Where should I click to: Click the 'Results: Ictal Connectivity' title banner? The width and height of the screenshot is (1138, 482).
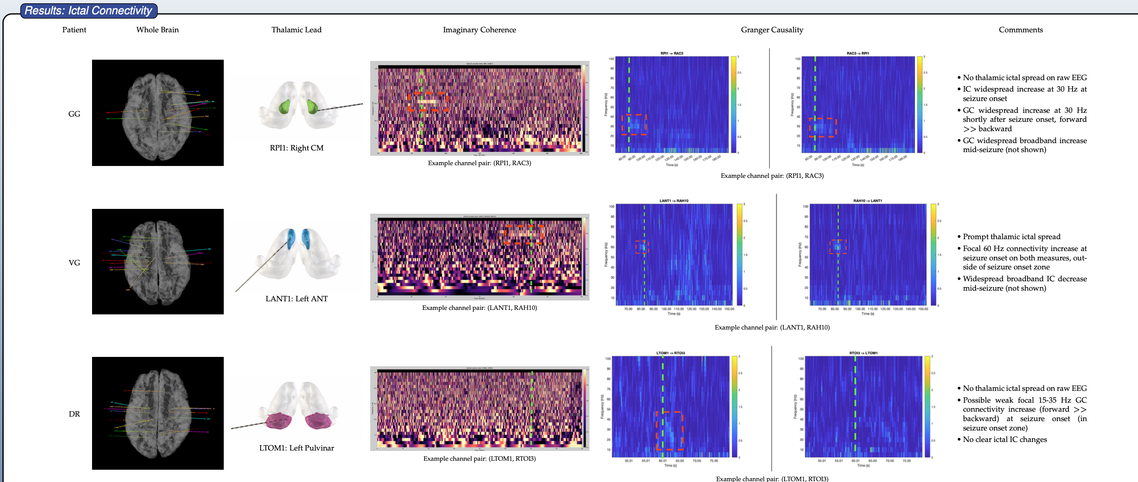tap(88, 11)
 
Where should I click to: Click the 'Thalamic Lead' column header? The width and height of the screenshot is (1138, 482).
tap(297, 29)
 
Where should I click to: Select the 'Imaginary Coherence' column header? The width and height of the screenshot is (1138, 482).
tap(479, 29)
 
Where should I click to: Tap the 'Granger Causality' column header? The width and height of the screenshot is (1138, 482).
tap(772, 29)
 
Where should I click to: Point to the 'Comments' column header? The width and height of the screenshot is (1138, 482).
tap(1021, 29)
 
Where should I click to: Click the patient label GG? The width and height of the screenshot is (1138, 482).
tap(74, 114)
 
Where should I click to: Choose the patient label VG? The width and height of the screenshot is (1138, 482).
tap(74, 262)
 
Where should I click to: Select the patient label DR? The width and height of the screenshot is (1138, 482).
tap(74, 414)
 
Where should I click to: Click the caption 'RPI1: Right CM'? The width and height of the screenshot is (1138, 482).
tap(297, 148)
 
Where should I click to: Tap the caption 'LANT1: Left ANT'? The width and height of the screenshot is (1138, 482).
tap(297, 299)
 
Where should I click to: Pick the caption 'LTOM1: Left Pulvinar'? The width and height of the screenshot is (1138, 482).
tap(297, 448)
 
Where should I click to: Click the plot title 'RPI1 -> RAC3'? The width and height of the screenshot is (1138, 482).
tap(672, 54)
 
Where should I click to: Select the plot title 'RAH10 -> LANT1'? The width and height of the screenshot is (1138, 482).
tap(867, 201)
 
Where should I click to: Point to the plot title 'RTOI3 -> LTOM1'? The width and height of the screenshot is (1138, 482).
tap(863, 353)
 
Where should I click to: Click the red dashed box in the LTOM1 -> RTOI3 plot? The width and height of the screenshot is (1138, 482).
tap(669, 430)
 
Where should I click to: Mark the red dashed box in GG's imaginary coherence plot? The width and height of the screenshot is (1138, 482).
tap(427, 101)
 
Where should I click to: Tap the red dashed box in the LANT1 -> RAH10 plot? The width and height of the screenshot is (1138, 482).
tap(642, 247)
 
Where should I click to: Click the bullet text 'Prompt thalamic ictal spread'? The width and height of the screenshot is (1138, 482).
tap(1011, 237)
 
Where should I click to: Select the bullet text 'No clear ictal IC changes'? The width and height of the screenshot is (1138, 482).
tap(1005, 439)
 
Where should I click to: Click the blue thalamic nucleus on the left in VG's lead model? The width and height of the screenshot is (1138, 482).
tap(290, 238)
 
